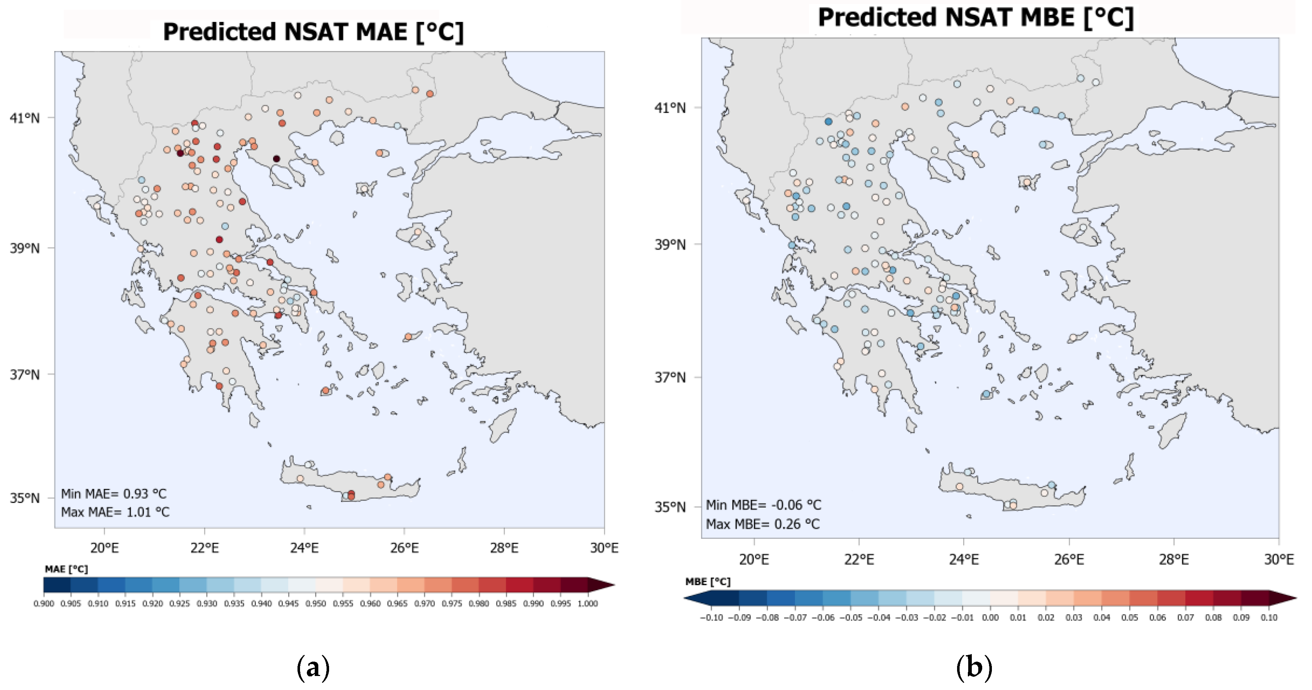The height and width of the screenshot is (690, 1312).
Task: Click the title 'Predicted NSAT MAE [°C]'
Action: tap(313, 32)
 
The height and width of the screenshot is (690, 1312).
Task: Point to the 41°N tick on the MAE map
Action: tap(24, 118)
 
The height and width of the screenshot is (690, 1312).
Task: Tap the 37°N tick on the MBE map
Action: tap(670, 378)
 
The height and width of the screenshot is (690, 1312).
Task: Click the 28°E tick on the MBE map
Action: tap(1173, 560)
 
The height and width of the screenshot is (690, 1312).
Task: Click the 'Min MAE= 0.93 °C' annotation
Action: tap(113, 494)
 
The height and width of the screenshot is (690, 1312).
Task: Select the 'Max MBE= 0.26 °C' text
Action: tap(763, 524)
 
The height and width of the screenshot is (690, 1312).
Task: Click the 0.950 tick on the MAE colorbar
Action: tap(316, 604)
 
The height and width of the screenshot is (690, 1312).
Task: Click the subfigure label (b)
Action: tap(974, 668)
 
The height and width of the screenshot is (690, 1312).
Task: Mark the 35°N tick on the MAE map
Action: tap(24, 498)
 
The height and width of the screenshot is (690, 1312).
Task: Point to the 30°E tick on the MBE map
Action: tap(1278, 560)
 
